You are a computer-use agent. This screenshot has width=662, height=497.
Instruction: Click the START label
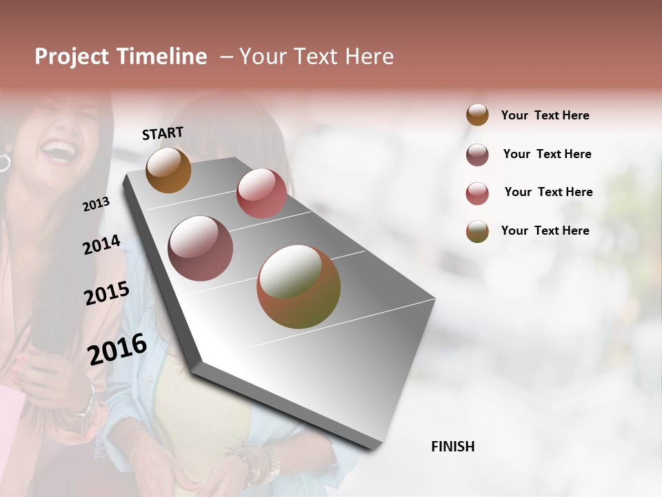pyautogui.click(x=163, y=133)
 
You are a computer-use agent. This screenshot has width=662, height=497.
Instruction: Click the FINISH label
pyautogui.click(x=452, y=447)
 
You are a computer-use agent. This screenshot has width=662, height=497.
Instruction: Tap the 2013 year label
pyautogui.click(x=96, y=204)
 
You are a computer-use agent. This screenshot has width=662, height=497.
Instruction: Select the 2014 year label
pyautogui.click(x=101, y=245)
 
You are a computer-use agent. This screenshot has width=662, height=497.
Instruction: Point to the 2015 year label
pyautogui.click(x=106, y=293)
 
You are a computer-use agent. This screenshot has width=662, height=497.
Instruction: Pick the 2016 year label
pyautogui.click(x=117, y=348)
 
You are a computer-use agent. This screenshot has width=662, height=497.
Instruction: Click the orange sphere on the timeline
pyautogui.click(x=168, y=170)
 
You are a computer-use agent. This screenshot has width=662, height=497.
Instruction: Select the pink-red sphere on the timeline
pyautogui.click(x=261, y=193)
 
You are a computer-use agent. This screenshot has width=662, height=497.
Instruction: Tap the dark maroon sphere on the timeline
pyautogui.click(x=200, y=248)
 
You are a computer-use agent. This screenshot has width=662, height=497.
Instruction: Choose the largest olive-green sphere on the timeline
pyautogui.click(x=299, y=286)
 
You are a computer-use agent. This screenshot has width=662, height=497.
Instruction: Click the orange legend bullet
pyautogui.click(x=477, y=115)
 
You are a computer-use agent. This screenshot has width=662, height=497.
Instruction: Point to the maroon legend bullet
pyautogui.click(x=477, y=155)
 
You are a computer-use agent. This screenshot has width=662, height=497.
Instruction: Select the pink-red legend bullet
pyautogui.click(x=477, y=193)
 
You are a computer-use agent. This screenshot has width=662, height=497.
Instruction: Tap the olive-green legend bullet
pyautogui.click(x=477, y=231)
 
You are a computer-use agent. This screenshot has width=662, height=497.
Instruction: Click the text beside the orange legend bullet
pyautogui.click(x=545, y=115)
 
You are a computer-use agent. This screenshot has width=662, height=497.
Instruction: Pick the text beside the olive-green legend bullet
pyautogui.click(x=545, y=231)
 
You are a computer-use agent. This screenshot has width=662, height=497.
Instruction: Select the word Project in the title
pyautogui.click(x=71, y=57)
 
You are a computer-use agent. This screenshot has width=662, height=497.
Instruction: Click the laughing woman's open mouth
pyautogui.click(x=59, y=150)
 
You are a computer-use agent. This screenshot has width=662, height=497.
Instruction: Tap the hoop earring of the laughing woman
pyautogui.click(x=4, y=163)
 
